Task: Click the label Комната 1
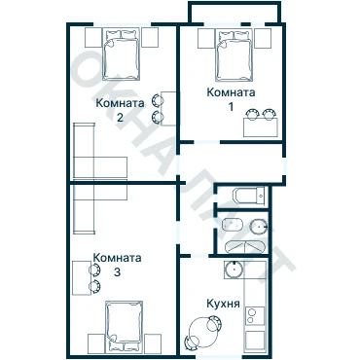[x=231, y=99]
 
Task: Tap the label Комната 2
[x=120, y=110]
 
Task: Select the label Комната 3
[x=118, y=265]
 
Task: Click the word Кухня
[x=224, y=305]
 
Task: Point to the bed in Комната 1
[x=234, y=55]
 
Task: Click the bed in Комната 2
[x=122, y=54]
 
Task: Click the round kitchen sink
[x=233, y=270]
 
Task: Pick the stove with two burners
[x=255, y=316]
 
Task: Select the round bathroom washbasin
[x=259, y=226]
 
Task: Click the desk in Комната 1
[x=261, y=127]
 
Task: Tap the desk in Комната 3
[x=82, y=277]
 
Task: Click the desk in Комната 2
[x=168, y=108]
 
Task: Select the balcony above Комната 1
[x=234, y=13]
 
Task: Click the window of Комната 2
[x=123, y=24]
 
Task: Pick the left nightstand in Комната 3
[x=97, y=343]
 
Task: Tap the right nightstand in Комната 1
[x=263, y=39]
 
